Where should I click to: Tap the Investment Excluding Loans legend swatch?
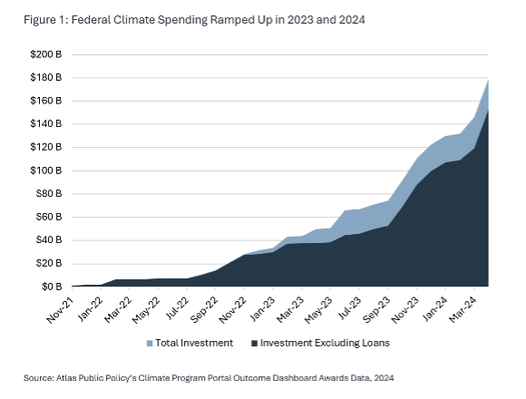coord(253,344)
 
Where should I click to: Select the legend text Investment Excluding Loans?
coord(317,344)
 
